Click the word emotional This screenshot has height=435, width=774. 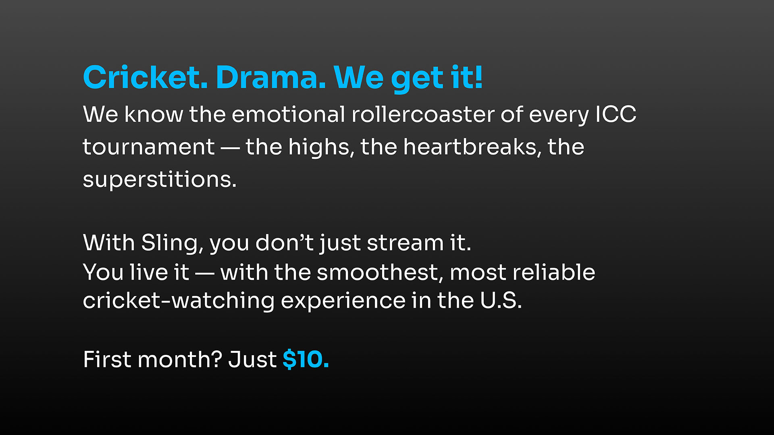288,114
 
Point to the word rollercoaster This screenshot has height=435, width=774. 423,114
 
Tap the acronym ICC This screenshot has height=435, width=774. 616,114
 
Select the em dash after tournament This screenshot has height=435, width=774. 230,148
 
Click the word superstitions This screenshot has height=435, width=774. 159,179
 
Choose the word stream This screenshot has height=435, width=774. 405,243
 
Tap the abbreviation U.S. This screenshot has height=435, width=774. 501,301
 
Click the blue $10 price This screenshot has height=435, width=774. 306,359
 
